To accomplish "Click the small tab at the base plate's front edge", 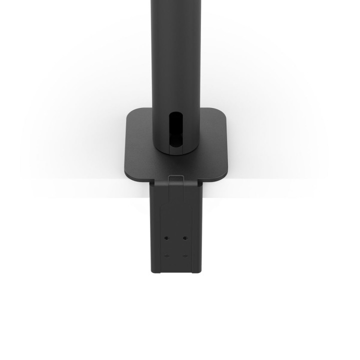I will pyautogui.click(x=176, y=177).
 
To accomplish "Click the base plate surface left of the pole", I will pyautogui.click(x=140, y=145).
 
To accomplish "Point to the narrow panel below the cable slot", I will pyautogui.click(x=177, y=145).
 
